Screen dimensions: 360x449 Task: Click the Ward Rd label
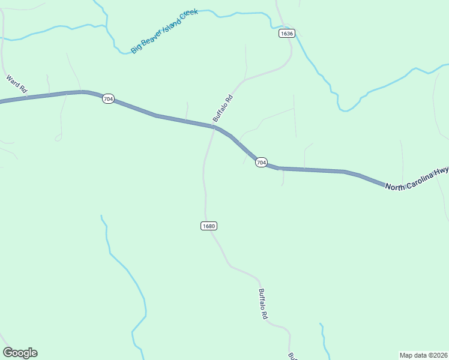[17, 84]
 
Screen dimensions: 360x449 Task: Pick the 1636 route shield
[286, 34]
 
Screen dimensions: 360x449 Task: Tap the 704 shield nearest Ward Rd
[107, 98]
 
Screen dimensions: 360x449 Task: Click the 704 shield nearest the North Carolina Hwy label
[261, 163]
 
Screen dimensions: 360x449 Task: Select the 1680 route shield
[208, 226]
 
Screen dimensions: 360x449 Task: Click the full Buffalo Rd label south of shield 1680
[263, 304]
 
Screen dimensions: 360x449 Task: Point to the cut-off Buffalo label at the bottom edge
[292, 356]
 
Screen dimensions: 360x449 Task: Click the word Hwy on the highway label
[443, 172]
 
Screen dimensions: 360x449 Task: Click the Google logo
[20, 353]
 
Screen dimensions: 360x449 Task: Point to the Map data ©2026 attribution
[423, 355]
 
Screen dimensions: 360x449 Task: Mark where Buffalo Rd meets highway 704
[214, 126]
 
